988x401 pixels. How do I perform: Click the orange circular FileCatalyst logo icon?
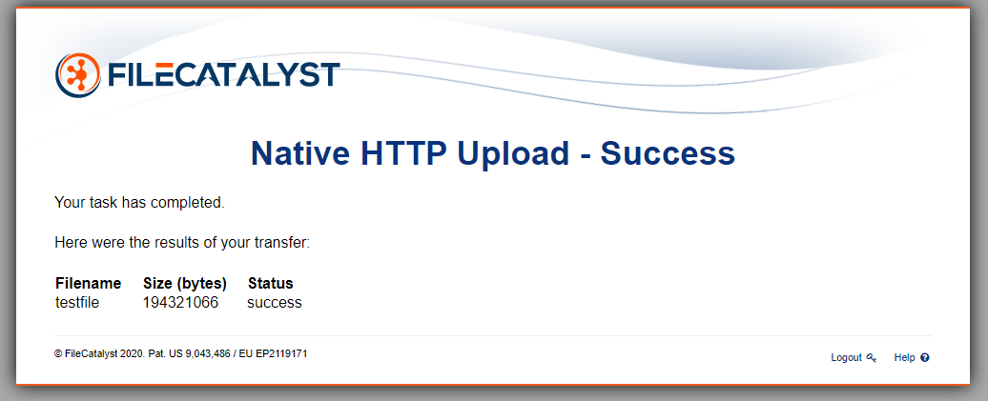pyautogui.click(x=78, y=75)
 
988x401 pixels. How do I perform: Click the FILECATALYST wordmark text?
pyautogui.click(x=224, y=75)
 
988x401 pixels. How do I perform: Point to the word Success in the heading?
pyautogui.click(x=668, y=153)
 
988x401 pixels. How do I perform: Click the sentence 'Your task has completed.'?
pyautogui.click(x=139, y=203)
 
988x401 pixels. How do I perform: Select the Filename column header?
pyautogui.click(x=88, y=283)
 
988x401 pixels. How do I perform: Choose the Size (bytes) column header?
pyautogui.click(x=185, y=283)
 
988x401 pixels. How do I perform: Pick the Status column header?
pyautogui.click(x=270, y=283)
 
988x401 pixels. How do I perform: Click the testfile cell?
pyautogui.click(x=77, y=302)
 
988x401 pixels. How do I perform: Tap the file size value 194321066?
pyautogui.click(x=180, y=302)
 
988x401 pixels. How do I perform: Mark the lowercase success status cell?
pyautogui.click(x=274, y=303)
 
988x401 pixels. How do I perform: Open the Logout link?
pyautogui.click(x=846, y=357)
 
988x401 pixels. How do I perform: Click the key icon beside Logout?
pyautogui.click(x=872, y=357)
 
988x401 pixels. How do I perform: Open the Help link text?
pyautogui.click(x=904, y=357)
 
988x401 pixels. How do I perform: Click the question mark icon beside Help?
pyautogui.click(x=925, y=357)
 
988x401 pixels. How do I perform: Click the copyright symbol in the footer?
pyautogui.click(x=58, y=353)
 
